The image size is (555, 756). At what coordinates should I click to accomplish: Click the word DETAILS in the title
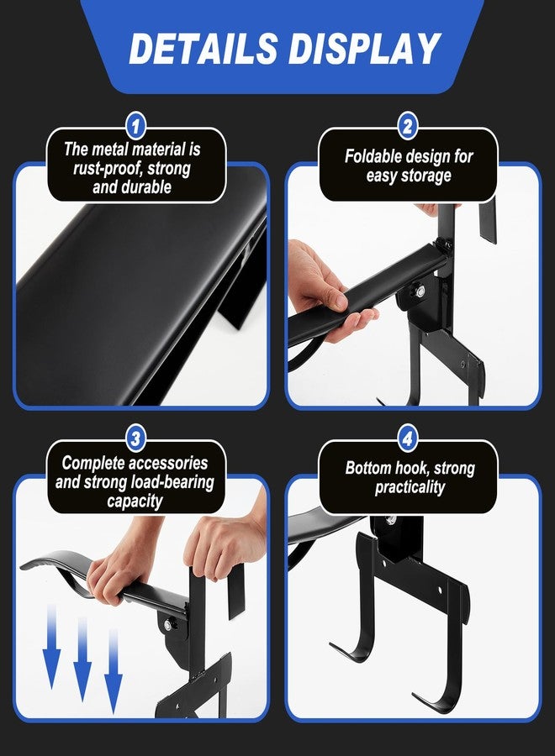203,49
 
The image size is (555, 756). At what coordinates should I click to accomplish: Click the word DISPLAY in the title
364,49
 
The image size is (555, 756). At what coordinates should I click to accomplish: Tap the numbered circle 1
135,126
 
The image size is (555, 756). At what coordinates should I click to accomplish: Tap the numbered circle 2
408,126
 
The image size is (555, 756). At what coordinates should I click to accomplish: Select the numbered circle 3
135,438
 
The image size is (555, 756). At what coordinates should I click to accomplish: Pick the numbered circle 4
408,438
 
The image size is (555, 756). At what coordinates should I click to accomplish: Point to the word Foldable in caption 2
373,156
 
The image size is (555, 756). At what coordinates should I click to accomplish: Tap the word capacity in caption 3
135,501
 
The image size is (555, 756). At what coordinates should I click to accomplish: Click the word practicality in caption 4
410,487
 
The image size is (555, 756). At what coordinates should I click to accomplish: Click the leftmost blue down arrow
51,652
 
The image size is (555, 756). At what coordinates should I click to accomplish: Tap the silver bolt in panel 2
420,291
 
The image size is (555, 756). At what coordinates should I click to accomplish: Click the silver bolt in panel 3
168,625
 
